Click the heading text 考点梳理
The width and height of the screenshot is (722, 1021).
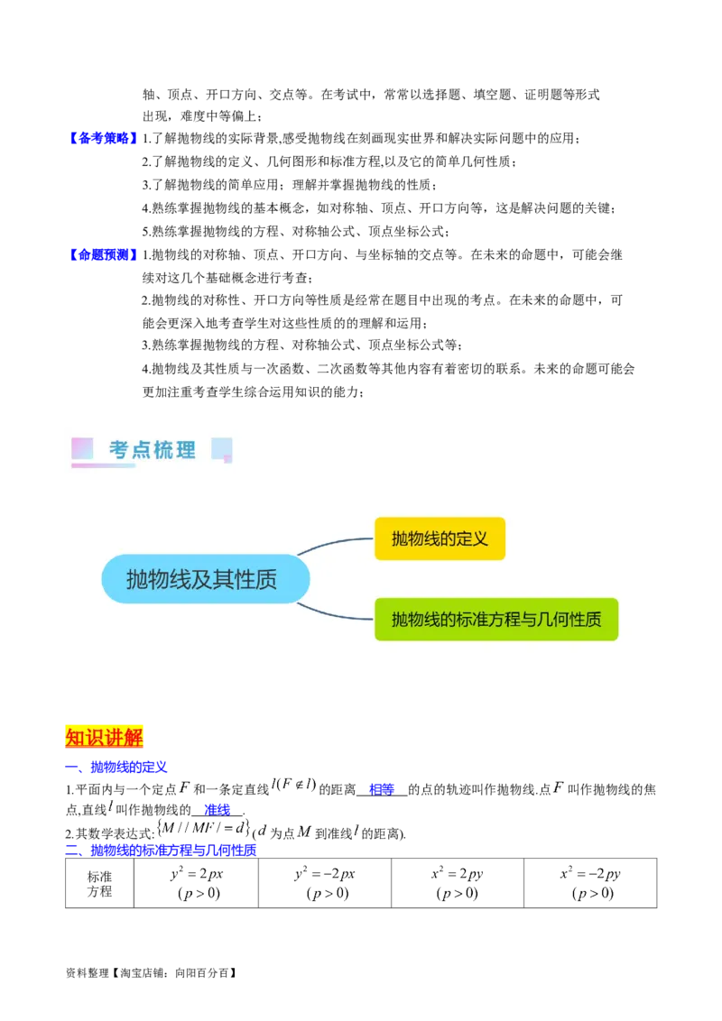click(153, 450)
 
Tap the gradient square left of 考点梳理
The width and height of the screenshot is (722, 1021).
click(82, 448)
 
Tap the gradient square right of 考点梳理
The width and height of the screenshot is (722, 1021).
click(222, 448)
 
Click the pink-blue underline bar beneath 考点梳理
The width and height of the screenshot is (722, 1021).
click(103, 466)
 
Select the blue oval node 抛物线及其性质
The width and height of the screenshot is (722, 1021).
click(205, 579)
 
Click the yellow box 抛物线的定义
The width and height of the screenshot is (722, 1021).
click(440, 538)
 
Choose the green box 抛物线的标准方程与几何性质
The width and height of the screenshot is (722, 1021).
click(495, 620)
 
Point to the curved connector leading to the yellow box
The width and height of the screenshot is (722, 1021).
click(334, 543)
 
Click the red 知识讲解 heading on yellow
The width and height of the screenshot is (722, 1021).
click(105, 737)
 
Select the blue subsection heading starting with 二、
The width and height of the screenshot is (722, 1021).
click(162, 850)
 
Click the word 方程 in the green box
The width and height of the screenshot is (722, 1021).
click(505, 620)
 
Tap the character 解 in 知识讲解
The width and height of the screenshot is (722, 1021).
click(134, 737)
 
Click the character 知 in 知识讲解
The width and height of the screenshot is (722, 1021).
click(75, 737)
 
